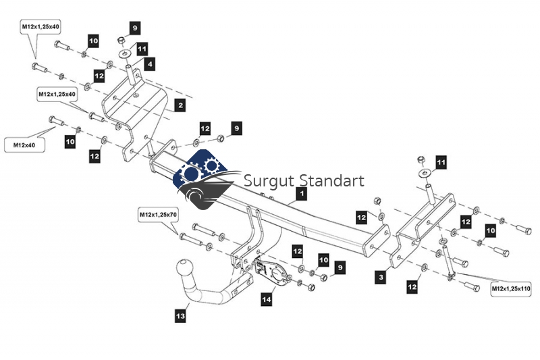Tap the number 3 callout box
point(381,277)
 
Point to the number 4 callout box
point(151,64)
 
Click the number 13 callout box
point(180,315)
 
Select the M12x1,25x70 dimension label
point(158,215)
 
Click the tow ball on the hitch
point(185,267)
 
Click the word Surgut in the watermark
point(266,181)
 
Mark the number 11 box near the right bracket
point(441,163)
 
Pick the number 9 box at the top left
point(134,28)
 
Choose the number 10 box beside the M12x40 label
point(70,141)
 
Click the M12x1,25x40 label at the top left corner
point(40,26)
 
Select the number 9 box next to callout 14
point(340,268)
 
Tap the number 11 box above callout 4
point(142,49)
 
